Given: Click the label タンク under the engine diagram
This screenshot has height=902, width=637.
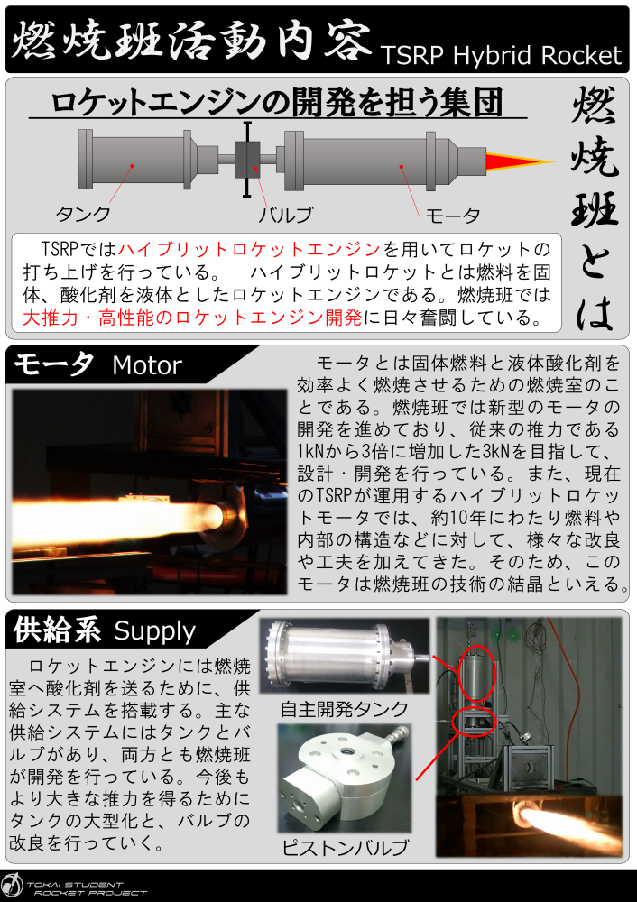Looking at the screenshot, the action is (x=83, y=214).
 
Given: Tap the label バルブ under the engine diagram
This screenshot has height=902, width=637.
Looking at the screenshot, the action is (x=286, y=216).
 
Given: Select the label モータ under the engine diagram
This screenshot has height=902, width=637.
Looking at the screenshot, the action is (x=453, y=216).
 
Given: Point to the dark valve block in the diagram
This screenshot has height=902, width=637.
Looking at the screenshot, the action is (x=247, y=160).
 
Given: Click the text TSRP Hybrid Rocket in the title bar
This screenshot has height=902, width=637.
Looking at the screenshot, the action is (x=501, y=56).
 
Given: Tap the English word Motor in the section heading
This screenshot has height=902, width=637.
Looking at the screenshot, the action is (x=147, y=365).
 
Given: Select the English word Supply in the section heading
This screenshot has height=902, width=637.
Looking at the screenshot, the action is (x=155, y=631).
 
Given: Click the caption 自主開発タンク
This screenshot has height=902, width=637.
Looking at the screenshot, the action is (x=344, y=709).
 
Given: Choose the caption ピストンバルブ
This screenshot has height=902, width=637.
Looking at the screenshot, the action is (x=345, y=847).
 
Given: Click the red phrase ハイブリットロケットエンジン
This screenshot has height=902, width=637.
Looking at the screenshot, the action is (x=249, y=249).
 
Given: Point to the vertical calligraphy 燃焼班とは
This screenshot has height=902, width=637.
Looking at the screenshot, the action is (x=595, y=208).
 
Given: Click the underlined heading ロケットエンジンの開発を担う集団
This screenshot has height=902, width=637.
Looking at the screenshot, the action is (x=277, y=103).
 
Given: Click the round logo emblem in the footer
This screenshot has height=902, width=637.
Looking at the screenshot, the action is (x=12, y=887).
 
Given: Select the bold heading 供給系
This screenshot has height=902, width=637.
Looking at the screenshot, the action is (x=57, y=630).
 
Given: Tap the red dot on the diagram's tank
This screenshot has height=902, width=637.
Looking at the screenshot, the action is (x=133, y=166).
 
